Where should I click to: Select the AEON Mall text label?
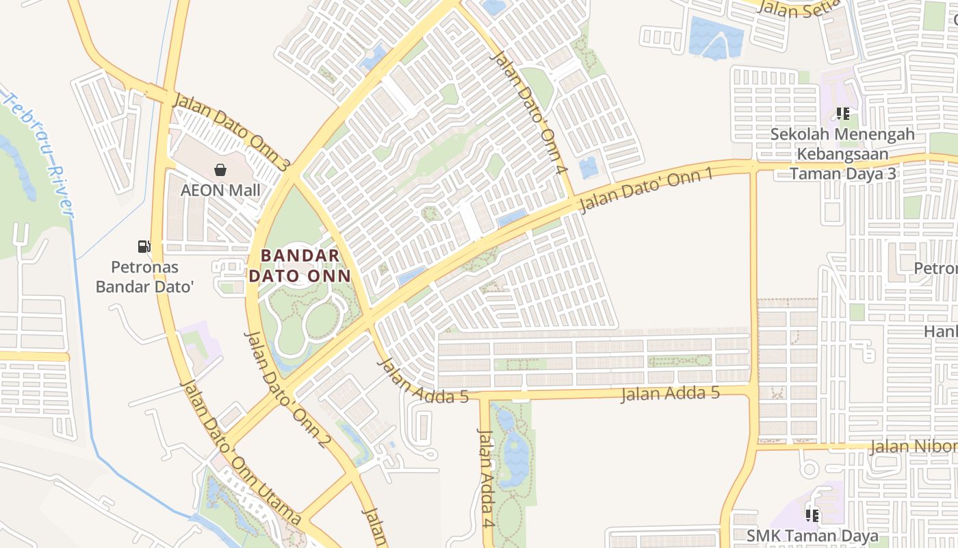coord(220,190)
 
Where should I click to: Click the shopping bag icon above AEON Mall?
coord(220,170)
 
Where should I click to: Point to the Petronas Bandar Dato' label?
coord(144,276)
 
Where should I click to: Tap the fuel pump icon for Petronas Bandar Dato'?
coord(144,247)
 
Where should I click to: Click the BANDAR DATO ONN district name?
coord(300,266)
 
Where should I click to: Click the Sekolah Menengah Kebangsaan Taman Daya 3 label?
coord(842,153)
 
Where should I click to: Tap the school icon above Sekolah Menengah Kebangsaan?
coord(842,114)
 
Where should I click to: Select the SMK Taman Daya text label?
coord(812,535)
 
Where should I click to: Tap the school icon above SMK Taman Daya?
coord(812,514)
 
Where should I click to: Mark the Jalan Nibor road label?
coord(913,447)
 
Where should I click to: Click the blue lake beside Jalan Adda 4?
coord(513,452)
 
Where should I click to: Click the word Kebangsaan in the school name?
coord(842,153)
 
